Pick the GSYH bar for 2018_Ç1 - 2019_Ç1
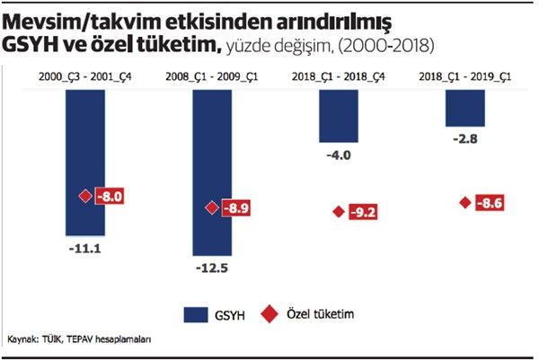click(465, 107)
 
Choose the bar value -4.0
click(340, 154)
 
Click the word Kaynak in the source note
click(24, 341)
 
